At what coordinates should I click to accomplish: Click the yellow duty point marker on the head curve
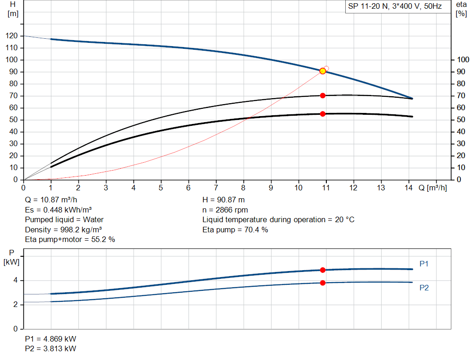coord(323,71)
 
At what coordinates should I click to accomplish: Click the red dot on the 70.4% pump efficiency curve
coord(323,95)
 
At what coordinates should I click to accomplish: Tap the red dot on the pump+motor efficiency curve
coord(323,114)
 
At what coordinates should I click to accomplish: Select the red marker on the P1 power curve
coord(323,270)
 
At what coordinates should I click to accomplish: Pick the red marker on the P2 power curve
coord(323,283)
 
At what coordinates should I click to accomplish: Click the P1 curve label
coord(424,264)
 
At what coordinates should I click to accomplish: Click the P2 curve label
coord(424,288)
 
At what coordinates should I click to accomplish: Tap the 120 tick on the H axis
coord(13,36)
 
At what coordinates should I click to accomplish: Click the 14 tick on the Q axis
coord(408,188)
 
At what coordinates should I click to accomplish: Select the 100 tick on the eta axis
coord(461,60)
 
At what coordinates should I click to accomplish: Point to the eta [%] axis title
coord(461,9)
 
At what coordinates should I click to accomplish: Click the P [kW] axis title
coord(12,257)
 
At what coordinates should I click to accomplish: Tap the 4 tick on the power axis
coord(16,280)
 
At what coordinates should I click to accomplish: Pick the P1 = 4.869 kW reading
coord(50,338)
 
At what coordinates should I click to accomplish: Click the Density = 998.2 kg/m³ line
coord(63,230)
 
